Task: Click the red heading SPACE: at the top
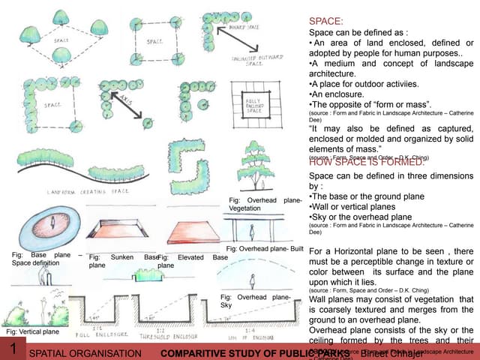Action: click(x=325, y=22)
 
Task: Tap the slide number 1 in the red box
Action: click(x=13, y=350)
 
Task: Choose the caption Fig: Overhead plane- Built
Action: click(x=264, y=248)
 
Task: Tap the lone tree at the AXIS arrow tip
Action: click(x=148, y=123)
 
